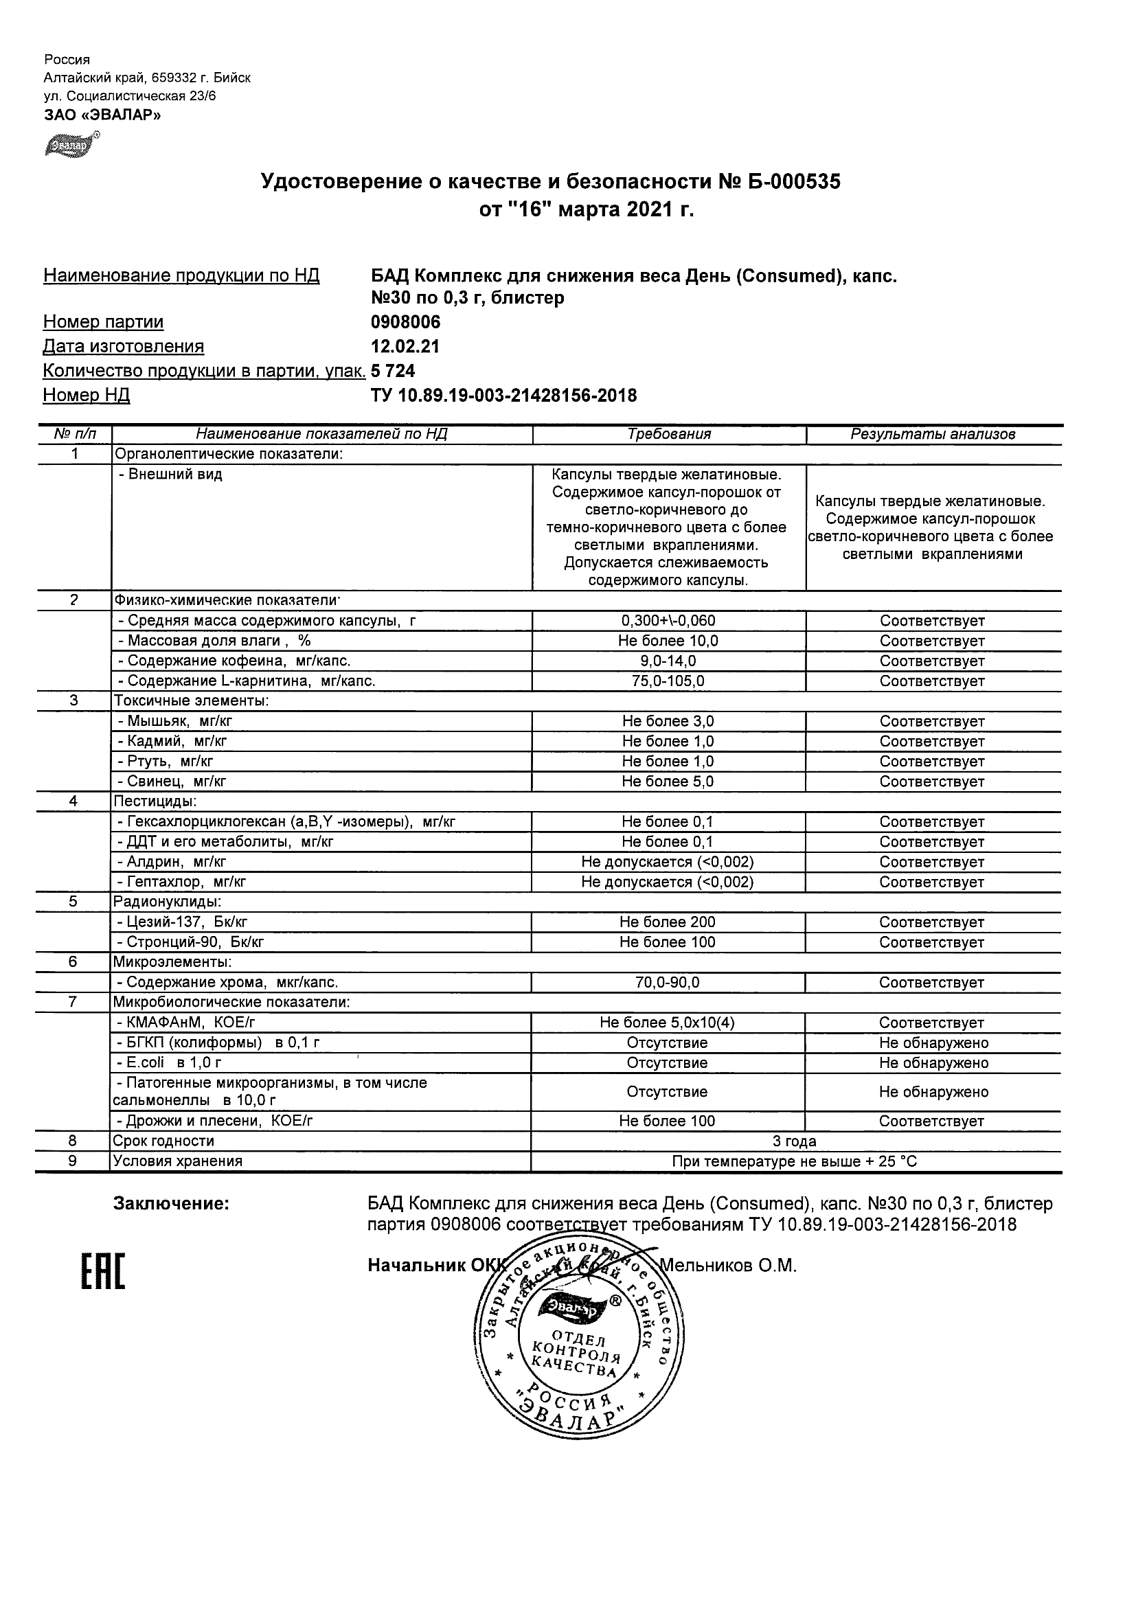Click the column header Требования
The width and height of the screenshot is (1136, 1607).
pos(669,434)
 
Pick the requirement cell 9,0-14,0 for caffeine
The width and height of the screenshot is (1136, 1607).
pos(668,661)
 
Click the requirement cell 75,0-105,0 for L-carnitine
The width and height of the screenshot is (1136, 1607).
pos(668,681)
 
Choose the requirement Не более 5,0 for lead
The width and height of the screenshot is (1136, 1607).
pos(668,781)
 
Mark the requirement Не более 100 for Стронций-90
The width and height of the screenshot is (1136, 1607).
pos(667,942)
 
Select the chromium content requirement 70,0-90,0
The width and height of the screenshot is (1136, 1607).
pos(667,983)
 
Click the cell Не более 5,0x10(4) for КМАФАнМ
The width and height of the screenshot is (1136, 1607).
pos(667,1023)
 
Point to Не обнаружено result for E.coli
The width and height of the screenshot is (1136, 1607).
pos(933,1063)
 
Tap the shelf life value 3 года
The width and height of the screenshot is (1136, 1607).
pos(794,1141)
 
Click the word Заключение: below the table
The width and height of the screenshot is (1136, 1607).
pos(172,1204)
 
